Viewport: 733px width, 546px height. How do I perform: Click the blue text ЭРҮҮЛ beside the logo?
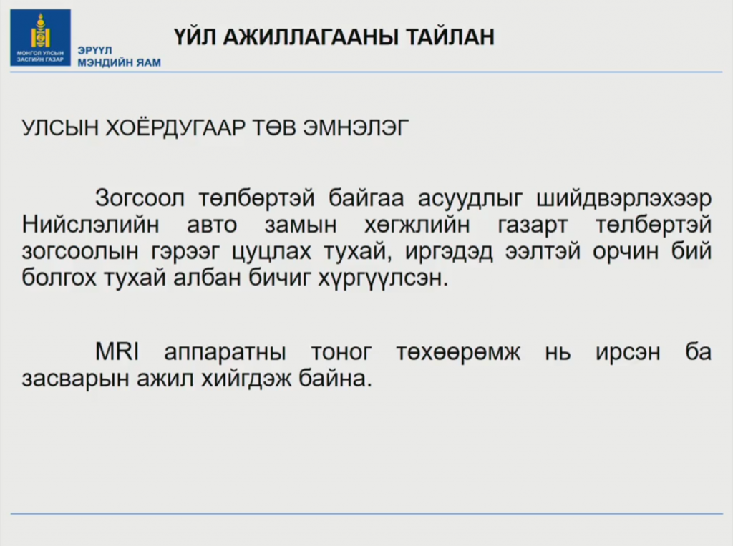pos(95,50)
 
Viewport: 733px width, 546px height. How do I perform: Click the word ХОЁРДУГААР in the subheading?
pos(175,127)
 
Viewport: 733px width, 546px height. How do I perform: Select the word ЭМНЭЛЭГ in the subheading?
pos(356,127)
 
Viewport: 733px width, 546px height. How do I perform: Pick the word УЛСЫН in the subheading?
pos(60,127)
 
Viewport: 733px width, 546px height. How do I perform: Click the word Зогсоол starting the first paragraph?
pos(140,198)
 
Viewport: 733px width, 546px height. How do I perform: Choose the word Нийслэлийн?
pos(91,225)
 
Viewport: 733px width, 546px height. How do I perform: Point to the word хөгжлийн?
pos(417,225)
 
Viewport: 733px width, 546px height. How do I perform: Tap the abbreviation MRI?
pos(117,351)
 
